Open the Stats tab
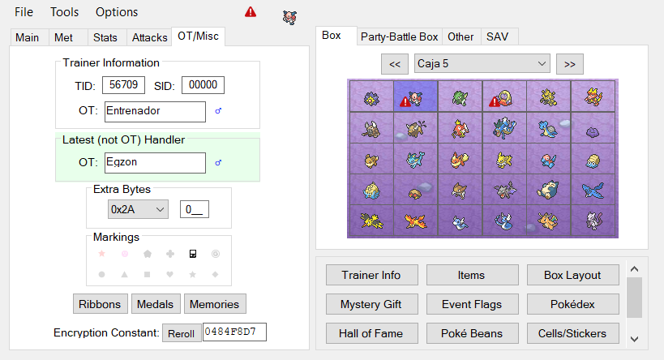pyautogui.click(x=105, y=37)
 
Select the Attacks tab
pyautogui.click(x=149, y=37)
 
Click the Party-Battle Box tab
pyautogui.click(x=399, y=36)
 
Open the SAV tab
pyautogui.click(x=497, y=36)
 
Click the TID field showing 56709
pyautogui.click(x=124, y=85)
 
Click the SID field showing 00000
pyautogui.click(x=203, y=85)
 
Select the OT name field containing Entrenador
pyautogui.click(x=155, y=111)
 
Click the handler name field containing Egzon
pyautogui.click(x=155, y=163)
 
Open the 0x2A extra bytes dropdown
pyautogui.click(x=138, y=209)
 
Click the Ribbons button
pyautogui.click(x=100, y=304)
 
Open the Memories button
pyautogui.click(x=215, y=304)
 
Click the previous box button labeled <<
pyautogui.click(x=395, y=64)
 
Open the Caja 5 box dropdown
pyautogui.click(x=482, y=63)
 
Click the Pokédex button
pyautogui.click(x=572, y=304)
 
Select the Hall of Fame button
pyautogui.click(x=371, y=333)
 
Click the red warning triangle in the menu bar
pyautogui.click(x=251, y=12)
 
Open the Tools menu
pyautogui.click(x=64, y=12)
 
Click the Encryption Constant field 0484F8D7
pyautogui.click(x=234, y=332)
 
